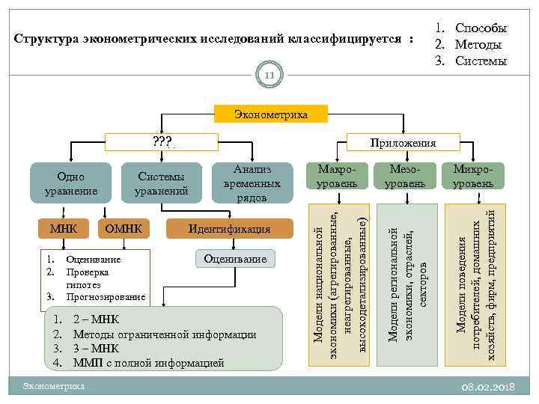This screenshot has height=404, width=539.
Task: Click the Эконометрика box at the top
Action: coord(270,114)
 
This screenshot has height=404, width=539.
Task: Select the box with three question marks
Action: coord(162,141)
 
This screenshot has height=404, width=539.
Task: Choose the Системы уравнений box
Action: coord(163,183)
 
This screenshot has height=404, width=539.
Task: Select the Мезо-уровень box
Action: coord(406,177)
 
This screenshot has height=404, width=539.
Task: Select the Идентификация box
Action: coord(229,228)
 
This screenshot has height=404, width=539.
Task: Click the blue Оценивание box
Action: coord(236,259)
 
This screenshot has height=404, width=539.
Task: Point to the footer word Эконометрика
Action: coord(54,385)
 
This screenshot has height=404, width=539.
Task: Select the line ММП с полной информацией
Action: coord(148,363)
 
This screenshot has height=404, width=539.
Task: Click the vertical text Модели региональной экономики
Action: coord(406,284)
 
